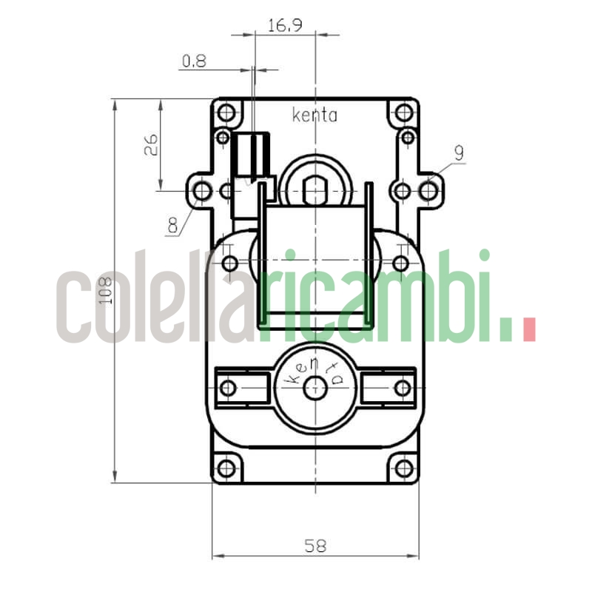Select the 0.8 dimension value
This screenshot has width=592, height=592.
pyautogui.click(x=194, y=61)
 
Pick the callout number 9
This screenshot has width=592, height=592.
pyautogui.click(x=459, y=153)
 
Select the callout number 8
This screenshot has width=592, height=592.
pyautogui.click(x=173, y=224)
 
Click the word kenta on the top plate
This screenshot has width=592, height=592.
pyautogui.click(x=314, y=115)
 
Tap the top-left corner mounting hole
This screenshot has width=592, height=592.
pyautogui.click(x=226, y=113)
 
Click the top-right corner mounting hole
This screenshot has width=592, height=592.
pyautogui.click(x=403, y=113)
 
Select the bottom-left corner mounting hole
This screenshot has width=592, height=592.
pyautogui.click(x=226, y=468)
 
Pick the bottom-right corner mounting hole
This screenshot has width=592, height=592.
pyautogui.click(x=403, y=468)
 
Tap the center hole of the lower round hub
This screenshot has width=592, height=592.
pyautogui.click(x=316, y=387)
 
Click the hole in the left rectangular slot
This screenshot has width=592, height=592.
pyautogui.click(x=229, y=387)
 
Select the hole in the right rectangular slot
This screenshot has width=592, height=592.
pyautogui.click(x=403, y=387)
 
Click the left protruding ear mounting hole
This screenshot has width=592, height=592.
pyautogui.click(x=201, y=191)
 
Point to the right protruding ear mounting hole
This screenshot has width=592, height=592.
pyautogui.click(x=428, y=191)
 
